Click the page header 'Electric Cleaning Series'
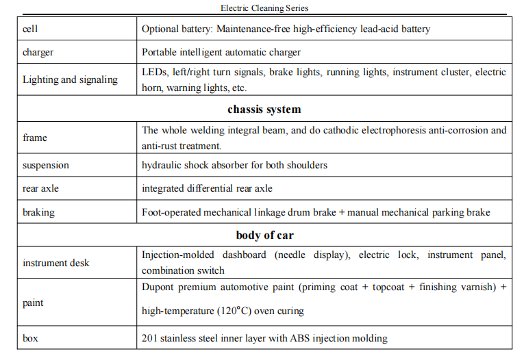(264, 8)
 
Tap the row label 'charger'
(38, 52)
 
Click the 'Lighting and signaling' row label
(70, 79)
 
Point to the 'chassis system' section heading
(264, 109)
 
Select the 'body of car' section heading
(264, 235)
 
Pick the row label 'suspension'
(46, 166)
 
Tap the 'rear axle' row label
(40, 189)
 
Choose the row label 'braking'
(38, 212)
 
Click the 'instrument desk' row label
(55, 263)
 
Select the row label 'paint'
(34, 303)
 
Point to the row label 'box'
(30, 338)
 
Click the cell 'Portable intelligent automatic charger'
(221, 52)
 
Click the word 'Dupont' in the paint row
(157, 287)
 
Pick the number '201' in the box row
(149, 338)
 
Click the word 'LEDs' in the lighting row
(154, 72)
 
